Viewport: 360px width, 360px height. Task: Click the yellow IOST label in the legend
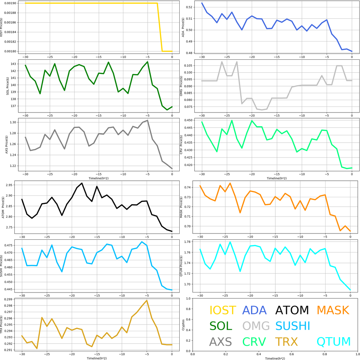223,310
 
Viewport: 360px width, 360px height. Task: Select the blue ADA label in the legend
256,310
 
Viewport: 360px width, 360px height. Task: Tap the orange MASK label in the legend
333,310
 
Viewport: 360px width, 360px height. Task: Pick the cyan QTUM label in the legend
334,341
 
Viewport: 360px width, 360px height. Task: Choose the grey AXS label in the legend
220,341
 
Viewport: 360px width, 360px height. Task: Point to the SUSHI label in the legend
292,326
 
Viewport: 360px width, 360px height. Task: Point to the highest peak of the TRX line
147,301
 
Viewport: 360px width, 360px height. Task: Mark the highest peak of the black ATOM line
82,183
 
